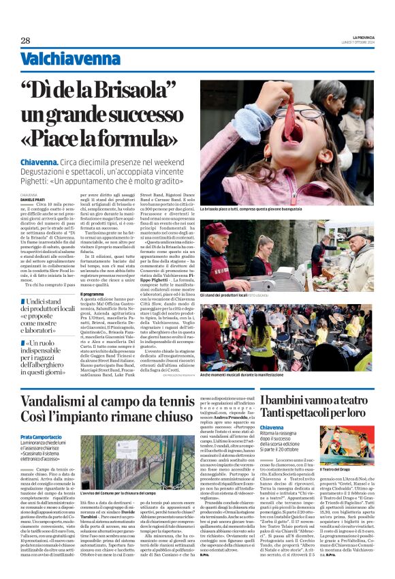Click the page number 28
click(x=25, y=40)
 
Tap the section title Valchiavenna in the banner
click(x=61, y=59)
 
